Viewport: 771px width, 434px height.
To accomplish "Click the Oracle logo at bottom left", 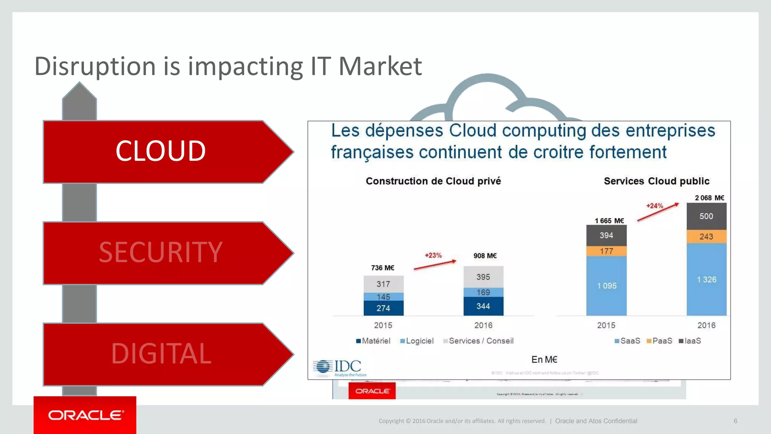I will coord(85,415).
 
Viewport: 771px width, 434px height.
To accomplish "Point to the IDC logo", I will coord(339,368).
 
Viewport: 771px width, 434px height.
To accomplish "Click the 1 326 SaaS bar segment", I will coord(706,280).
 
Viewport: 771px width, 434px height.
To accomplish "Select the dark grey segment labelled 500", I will coord(706,216).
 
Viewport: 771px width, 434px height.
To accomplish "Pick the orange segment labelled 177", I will coord(606,251).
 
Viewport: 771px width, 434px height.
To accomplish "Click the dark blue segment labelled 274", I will coord(383,308).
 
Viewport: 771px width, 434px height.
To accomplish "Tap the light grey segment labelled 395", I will coord(483,277).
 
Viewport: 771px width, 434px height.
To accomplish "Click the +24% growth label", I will coord(655,206).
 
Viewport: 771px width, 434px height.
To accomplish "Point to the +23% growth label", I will coord(433,255).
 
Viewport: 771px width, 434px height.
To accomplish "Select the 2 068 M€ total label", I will coord(709,198).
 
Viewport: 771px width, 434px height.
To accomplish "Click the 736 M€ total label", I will coord(382,268).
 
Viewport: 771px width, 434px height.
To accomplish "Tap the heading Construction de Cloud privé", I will coord(433,181).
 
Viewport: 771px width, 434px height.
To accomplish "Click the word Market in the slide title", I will coord(380,66).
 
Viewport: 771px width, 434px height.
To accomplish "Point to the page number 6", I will coord(735,421).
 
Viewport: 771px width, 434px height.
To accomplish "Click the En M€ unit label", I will coord(544,360).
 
